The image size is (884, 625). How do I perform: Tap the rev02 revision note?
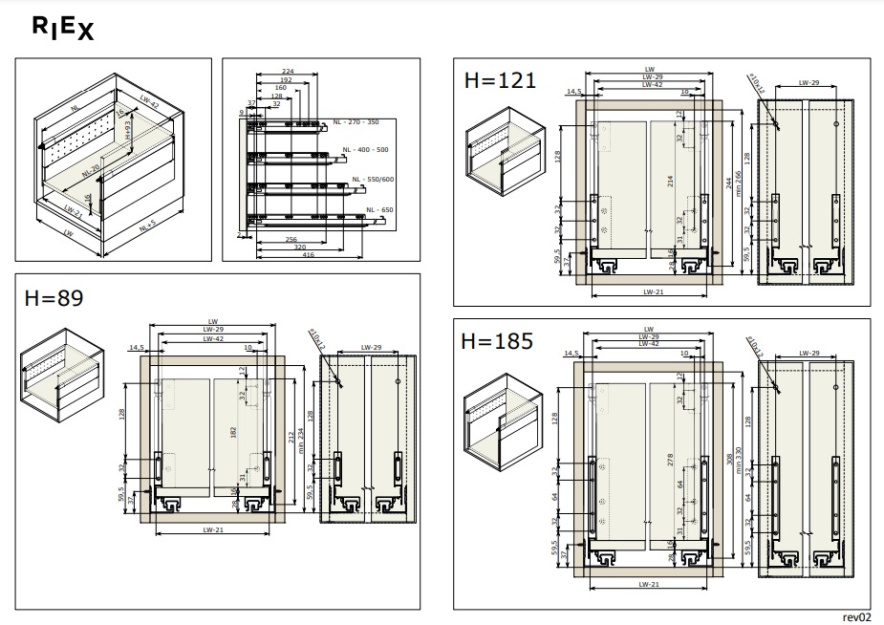(x=857, y=616)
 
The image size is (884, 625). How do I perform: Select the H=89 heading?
(x=54, y=298)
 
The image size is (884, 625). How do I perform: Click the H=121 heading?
(x=498, y=80)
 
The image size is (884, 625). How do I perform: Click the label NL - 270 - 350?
(x=356, y=122)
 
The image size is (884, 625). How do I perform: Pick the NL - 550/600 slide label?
(x=373, y=180)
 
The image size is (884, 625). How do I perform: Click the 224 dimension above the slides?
(x=288, y=71)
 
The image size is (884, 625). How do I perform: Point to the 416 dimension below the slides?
(x=309, y=255)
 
